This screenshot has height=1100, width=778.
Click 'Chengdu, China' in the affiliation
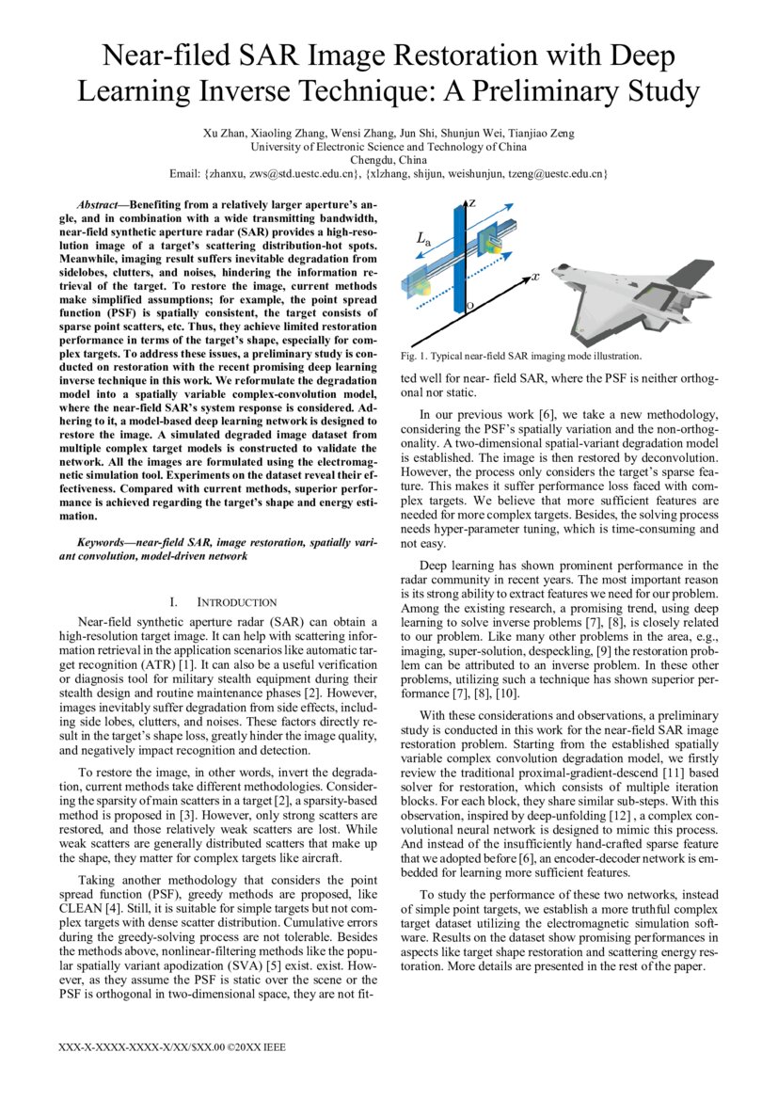[389, 160]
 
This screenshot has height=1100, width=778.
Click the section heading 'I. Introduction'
[223, 602]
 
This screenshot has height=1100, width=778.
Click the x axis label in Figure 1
[534, 277]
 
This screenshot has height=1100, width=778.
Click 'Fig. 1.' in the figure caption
[415, 357]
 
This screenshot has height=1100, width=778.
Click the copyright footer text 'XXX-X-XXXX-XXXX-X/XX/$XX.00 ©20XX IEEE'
[172, 1047]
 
